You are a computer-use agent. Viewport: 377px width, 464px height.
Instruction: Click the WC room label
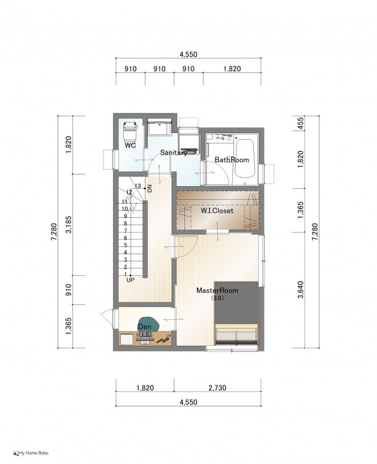pyautogui.click(x=130, y=145)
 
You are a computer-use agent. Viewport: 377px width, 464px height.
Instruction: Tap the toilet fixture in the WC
pyautogui.click(x=130, y=131)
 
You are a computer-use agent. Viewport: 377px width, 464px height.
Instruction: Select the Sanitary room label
pyautogui.click(x=174, y=153)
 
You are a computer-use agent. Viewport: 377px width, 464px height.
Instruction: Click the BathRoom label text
pyautogui.click(x=232, y=160)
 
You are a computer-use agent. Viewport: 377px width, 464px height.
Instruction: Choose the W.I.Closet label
pyautogui.click(x=217, y=211)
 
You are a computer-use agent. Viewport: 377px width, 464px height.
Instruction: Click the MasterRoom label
pyautogui.click(x=217, y=290)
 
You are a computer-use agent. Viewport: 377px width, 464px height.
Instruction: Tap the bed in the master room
pyautogui.click(x=236, y=313)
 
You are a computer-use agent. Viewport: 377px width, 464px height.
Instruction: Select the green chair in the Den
pyautogui.click(x=148, y=324)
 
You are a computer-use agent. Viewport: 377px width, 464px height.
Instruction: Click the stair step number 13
pyautogui.click(x=137, y=186)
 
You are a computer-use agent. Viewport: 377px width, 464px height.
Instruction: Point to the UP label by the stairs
pyautogui.click(x=130, y=280)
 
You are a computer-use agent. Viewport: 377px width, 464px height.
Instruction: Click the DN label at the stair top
pyautogui.click(x=150, y=188)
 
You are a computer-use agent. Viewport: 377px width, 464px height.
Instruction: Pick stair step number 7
pyautogui.click(x=126, y=231)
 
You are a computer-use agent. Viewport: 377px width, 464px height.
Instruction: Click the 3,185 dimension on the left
pyautogui.click(x=69, y=225)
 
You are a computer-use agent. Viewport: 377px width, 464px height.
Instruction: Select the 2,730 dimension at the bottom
pyautogui.click(x=217, y=388)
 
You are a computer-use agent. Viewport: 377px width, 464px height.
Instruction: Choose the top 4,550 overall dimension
pyautogui.click(x=188, y=54)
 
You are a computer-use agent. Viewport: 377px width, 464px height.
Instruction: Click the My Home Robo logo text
pyautogui.click(x=31, y=453)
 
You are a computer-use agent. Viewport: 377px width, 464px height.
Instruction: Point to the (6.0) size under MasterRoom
pyautogui.click(x=217, y=298)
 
